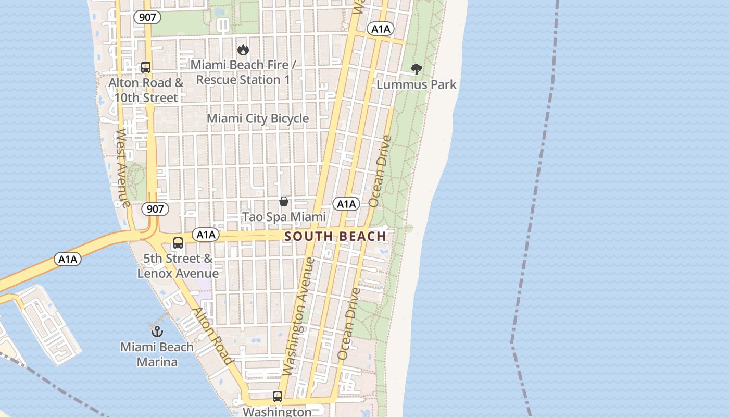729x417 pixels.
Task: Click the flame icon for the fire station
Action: point(243,50)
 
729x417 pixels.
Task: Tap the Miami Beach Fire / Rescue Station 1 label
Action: point(243,72)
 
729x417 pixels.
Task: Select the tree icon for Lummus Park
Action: point(416,69)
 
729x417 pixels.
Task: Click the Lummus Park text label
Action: point(416,84)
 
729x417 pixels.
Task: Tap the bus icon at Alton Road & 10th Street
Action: point(146,67)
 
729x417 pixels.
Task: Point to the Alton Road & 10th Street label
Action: point(146,90)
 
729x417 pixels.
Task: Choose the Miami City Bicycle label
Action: point(258,119)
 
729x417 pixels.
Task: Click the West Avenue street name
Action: point(123,168)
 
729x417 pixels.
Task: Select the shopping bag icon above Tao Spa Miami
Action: point(284,201)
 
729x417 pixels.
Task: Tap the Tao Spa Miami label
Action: point(284,217)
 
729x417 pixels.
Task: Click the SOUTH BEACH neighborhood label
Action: point(335,236)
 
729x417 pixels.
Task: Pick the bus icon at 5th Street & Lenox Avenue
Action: point(178,243)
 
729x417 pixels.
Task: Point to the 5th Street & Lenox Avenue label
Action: point(178,266)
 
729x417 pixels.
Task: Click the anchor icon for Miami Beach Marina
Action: point(157,331)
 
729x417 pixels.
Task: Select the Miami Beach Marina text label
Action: point(157,354)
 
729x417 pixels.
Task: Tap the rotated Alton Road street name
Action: point(212,336)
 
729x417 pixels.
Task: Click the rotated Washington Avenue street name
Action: point(298,316)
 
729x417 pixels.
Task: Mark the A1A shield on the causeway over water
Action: point(68,259)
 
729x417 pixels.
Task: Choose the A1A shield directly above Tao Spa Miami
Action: point(346,204)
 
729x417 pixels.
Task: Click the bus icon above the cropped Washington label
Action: point(278,397)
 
